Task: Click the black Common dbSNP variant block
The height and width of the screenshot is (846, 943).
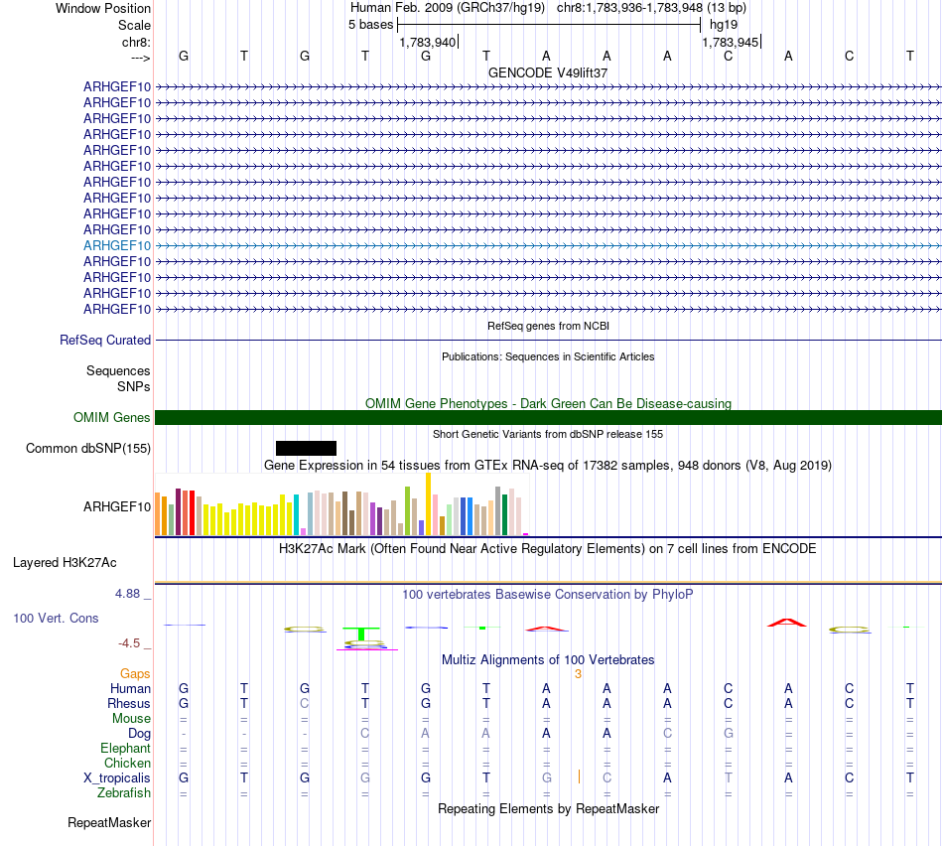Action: (306, 448)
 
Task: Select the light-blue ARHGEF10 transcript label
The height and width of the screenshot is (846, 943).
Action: (117, 245)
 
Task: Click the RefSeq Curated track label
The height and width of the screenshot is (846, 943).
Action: (105, 340)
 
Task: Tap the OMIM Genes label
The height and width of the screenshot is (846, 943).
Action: (112, 418)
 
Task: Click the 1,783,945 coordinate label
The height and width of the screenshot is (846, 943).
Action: (731, 42)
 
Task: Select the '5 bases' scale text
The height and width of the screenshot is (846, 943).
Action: (370, 25)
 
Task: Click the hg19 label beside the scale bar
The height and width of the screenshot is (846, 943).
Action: (724, 25)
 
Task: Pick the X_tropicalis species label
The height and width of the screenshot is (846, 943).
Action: (117, 778)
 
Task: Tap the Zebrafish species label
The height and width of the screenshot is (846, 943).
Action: (124, 793)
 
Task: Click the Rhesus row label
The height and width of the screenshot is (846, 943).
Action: (129, 703)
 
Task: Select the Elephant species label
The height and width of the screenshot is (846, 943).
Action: (125, 748)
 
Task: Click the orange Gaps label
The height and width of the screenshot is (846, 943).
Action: (135, 673)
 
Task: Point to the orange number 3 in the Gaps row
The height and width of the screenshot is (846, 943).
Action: (577, 673)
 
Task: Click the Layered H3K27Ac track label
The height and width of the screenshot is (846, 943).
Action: (65, 563)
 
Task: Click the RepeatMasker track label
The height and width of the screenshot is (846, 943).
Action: (109, 822)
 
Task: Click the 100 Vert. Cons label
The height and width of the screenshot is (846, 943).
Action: (56, 618)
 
